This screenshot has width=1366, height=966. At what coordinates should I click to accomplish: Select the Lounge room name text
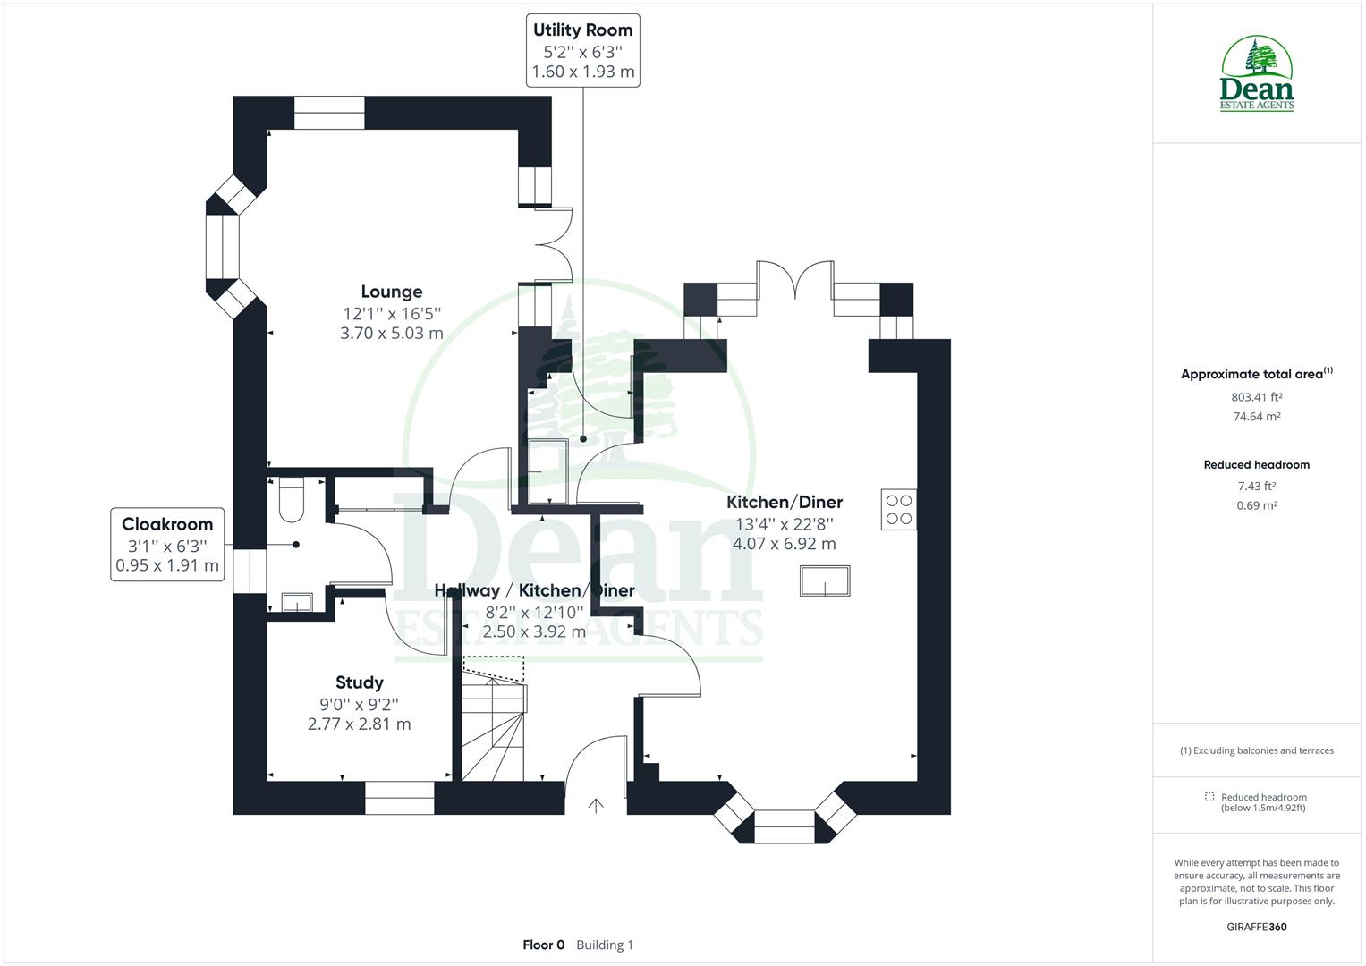tap(392, 292)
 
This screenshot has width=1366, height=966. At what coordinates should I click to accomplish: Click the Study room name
tap(360, 683)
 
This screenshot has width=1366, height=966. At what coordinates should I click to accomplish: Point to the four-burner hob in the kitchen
tap(898, 510)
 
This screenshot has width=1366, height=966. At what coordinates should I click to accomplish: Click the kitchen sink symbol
tap(824, 581)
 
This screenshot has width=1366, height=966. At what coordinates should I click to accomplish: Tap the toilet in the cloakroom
tap(292, 500)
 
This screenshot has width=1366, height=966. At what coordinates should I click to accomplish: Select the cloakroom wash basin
tap(295, 602)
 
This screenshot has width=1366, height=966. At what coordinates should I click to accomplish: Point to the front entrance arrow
tap(596, 806)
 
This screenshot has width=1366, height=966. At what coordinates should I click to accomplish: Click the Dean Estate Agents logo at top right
tap(1257, 74)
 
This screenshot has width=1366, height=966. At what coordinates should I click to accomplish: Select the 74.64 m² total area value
tap(1257, 417)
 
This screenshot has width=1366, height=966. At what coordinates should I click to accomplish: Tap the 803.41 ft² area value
tap(1257, 397)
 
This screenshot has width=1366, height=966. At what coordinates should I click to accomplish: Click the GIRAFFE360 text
tap(1256, 927)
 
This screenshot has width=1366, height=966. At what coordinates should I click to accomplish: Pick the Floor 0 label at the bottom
tap(544, 945)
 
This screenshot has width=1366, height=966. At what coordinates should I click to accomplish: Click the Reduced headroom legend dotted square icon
tap(1209, 797)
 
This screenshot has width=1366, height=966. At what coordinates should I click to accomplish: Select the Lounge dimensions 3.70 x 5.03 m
tap(392, 334)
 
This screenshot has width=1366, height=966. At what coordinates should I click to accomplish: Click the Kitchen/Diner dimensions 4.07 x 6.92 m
tap(784, 544)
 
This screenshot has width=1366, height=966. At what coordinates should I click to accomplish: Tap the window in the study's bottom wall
tap(399, 798)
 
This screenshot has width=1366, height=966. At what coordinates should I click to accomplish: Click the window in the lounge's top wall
tap(329, 113)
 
